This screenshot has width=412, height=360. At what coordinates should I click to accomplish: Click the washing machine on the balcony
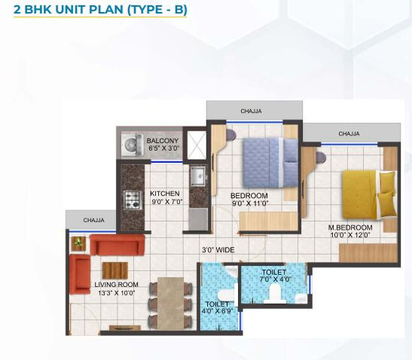132,145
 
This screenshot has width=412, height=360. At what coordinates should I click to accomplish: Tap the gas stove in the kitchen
133,200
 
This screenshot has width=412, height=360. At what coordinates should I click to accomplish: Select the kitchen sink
198,175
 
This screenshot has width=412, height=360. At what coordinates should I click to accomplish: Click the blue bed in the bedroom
270,163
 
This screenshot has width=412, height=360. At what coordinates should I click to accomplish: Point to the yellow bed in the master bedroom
369,195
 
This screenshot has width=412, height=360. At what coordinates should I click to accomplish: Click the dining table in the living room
170,303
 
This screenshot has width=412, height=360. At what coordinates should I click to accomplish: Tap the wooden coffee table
115,270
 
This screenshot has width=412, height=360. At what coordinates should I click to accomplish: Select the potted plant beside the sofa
78,243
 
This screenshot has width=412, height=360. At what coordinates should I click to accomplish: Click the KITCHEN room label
165,194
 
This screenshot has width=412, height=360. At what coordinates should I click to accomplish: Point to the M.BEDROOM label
350,227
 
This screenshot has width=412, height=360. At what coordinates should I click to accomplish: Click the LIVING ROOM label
116,285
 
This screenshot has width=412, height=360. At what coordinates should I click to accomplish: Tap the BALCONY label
163,141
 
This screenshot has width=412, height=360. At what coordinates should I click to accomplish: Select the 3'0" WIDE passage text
218,250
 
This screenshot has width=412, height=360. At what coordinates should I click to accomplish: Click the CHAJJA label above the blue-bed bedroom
252,111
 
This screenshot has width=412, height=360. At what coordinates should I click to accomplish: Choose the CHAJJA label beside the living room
94,220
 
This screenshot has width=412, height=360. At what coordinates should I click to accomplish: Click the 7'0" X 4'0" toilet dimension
276,279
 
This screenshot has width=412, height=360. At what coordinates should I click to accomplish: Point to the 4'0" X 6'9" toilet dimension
218,311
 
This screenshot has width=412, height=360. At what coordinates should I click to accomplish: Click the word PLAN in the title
106,10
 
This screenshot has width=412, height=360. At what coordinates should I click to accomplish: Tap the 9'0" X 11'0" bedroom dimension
249,203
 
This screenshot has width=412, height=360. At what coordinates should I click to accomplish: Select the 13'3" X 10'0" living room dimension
116,292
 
